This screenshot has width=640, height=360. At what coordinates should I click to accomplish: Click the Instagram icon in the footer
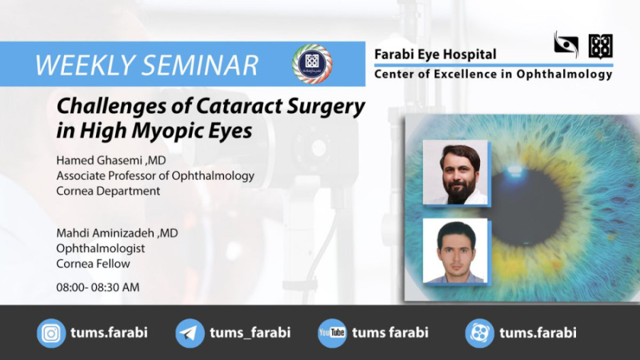click(x=51, y=333)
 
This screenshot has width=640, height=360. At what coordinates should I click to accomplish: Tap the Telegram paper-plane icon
click(x=190, y=333)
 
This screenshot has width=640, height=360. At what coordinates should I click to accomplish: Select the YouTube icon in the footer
click(x=332, y=333)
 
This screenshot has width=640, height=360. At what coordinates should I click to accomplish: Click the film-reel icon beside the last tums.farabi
click(x=479, y=333)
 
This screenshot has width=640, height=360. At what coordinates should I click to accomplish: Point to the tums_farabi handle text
click(x=250, y=333)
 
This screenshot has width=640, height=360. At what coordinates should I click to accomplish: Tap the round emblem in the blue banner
click(x=311, y=63)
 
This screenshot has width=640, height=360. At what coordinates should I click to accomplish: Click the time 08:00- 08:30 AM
click(x=97, y=287)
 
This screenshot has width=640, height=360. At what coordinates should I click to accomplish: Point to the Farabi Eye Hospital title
click(x=435, y=55)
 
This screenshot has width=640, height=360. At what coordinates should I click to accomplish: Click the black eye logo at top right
click(x=566, y=45)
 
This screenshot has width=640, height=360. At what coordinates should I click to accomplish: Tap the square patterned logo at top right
click(x=600, y=46)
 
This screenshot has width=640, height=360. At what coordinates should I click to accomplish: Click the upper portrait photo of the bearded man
click(x=455, y=172)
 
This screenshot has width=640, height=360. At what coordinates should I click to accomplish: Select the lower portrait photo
click(x=455, y=251)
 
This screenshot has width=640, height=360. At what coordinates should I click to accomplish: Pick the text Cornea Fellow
click(x=92, y=264)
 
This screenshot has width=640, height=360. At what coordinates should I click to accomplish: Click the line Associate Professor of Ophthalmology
click(x=155, y=176)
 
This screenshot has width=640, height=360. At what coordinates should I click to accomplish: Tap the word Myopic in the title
click(x=161, y=131)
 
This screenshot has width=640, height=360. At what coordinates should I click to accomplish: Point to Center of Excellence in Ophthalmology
click(x=493, y=74)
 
